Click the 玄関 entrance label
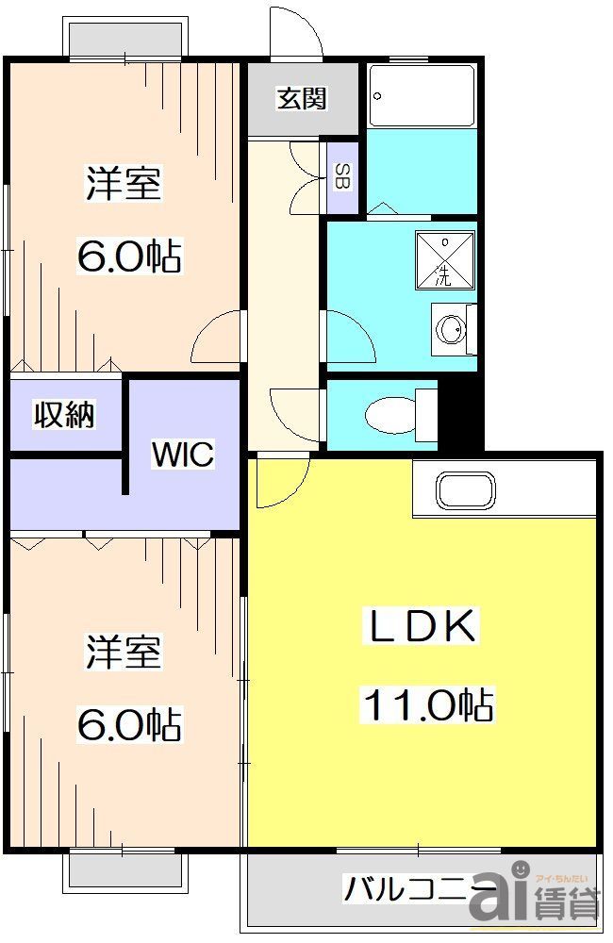[x=302, y=99]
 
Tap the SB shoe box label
[x=340, y=175]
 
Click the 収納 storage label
[x=65, y=414]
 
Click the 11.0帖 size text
[x=425, y=703]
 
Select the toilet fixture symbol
[x=396, y=414]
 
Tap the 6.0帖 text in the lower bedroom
[x=129, y=724]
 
